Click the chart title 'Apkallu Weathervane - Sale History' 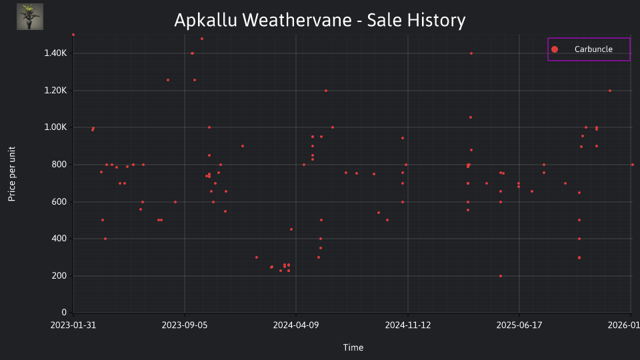point(319,20)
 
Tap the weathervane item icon point(30,17)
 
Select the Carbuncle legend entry point(589,49)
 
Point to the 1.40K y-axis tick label point(55,53)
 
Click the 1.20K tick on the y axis point(55,90)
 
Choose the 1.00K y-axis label point(55,127)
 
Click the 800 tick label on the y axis point(59,165)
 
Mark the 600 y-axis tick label point(59,201)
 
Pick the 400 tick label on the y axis point(59,239)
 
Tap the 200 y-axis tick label point(59,275)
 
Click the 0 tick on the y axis point(64,312)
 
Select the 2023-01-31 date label point(73,325)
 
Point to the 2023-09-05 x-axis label point(185,325)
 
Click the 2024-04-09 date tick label point(296,325)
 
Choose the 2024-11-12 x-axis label point(408,325)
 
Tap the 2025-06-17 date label point(519,325)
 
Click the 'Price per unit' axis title point(12,174)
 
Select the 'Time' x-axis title point(353,347)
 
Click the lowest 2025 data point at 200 point(501,276)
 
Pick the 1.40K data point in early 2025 point(471,53)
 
